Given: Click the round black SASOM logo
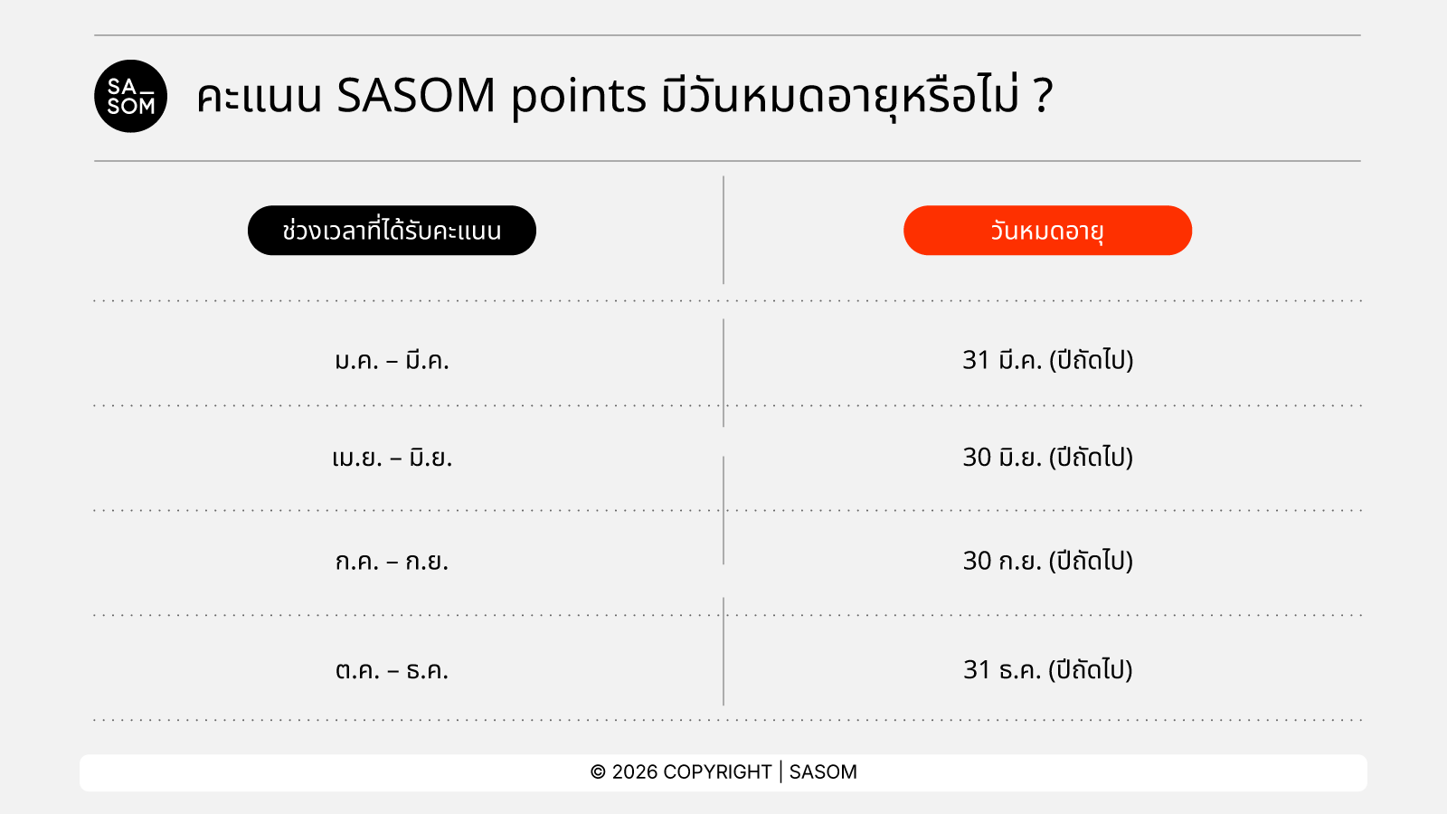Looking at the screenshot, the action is coord(130,96).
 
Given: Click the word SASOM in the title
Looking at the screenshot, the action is coord(416,96).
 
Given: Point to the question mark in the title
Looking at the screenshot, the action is coord(1043,96).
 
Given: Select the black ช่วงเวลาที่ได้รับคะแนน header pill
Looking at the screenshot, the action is coord(392,231).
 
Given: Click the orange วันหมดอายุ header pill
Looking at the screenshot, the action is coord(1047,231).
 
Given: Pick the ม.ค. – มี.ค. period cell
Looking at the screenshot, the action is coord(392,360).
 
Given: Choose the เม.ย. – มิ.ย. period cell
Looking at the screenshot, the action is coord(392,458).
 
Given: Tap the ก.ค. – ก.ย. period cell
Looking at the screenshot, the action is coord(392,561).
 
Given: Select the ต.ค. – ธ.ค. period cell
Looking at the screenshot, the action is coord(392,670).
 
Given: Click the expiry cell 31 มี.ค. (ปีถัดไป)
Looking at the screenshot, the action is coord(1047,360).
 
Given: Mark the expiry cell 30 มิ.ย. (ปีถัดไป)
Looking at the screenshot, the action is coord(1047,458).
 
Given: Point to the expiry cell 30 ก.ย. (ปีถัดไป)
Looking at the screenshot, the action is coord(1047,561).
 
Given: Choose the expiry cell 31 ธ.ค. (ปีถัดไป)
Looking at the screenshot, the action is coord(1047,670).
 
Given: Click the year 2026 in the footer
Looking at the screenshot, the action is coord(634,772).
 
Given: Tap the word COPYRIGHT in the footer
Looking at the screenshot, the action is coord(717,772).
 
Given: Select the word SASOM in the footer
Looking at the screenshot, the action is coord(823,772).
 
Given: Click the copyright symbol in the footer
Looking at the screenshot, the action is coord(598,772).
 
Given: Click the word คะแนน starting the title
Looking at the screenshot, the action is coord(259,97).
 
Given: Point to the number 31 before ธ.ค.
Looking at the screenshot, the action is coord(976,670).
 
